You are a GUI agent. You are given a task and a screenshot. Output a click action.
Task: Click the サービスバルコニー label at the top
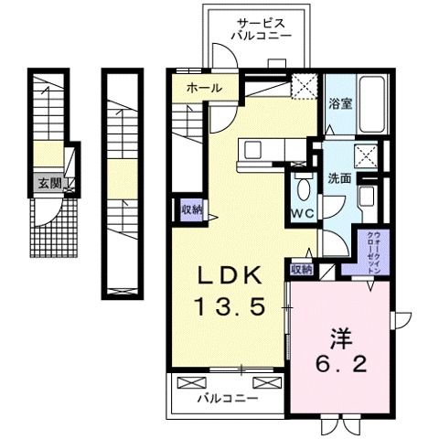click(x=262, y=29)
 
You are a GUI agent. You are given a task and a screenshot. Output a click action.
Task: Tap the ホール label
click(x=204, y=89)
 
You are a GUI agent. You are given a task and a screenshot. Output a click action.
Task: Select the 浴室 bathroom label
click(x=340, y=103)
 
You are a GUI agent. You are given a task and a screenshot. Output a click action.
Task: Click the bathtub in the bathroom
click(x=371, y=103)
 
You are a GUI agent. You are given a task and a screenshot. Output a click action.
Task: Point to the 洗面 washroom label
click(x=339, y=178)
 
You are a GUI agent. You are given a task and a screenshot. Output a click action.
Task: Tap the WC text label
click(x=302, y=214)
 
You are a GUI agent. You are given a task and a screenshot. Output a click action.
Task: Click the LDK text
click(x=230, y=275)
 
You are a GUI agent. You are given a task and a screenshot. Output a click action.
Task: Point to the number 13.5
click(x=230, y=306)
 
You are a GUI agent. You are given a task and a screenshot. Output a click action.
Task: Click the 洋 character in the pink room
click(x=341, y=338)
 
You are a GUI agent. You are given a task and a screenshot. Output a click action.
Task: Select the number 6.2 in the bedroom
click(x=341, y=364)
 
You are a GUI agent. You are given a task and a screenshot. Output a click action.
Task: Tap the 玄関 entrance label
click(x=49, y=184)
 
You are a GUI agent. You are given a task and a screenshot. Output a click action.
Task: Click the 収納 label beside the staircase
click(x=192, y=209)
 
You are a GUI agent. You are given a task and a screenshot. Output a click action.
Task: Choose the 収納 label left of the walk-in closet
click(x=302, y=269)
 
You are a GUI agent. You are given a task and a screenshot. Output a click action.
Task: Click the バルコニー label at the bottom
click(x=228, y=398)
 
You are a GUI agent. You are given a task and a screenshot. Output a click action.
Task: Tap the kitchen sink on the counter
click(x=252, y=149)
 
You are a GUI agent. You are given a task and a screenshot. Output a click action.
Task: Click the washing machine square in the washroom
click(x=366, y=155)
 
